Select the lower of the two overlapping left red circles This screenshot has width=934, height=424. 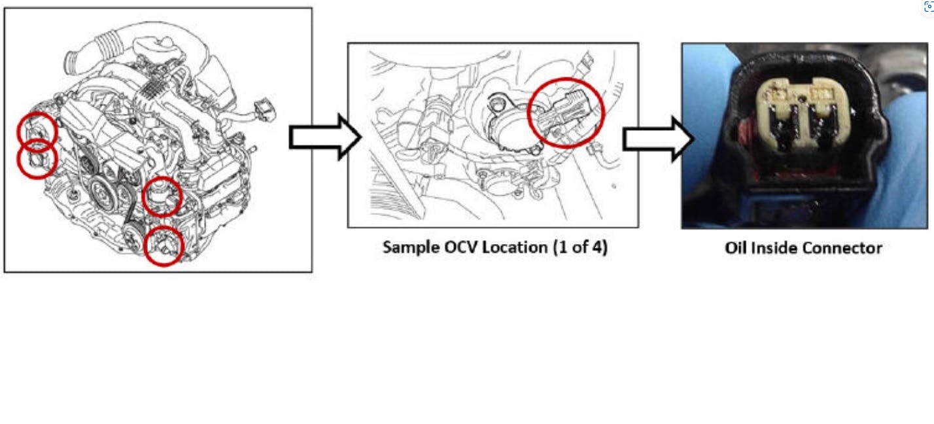tap(37, 159)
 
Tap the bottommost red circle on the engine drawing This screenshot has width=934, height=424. tap(163, 246)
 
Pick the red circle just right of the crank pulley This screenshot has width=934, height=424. tap(162, 196)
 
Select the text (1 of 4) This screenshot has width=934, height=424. tap(583, 247)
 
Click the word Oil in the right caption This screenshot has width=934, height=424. tap(737, 248)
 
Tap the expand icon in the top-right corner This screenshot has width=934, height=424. tap(927, 6)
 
